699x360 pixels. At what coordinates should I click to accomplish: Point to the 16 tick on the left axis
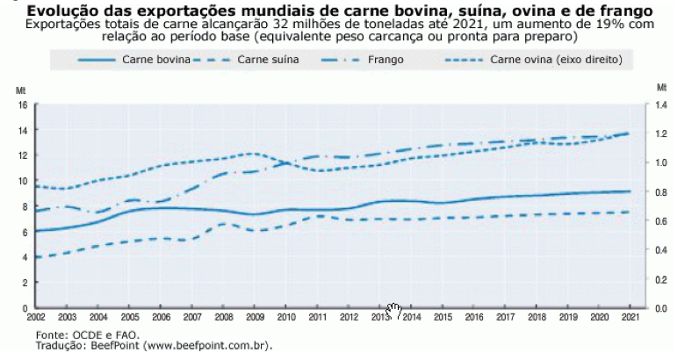pyautogui.click(x=24, y=104)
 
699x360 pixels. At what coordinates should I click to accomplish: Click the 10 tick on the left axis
pyautogui.click(x=24, y=181)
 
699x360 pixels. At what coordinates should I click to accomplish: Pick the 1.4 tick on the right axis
pyautogui.click(x=662, y=104)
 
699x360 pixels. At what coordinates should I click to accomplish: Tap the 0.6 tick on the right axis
pyautogui.click(x=662, y=221)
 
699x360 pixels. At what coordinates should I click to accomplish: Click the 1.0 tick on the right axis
pyautogui.click(x=662, y=163)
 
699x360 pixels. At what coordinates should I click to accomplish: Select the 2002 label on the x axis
pyautogui.click(x=36, y=316)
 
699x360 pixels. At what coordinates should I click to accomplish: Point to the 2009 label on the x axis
pyautogui.click(x=256, y=316)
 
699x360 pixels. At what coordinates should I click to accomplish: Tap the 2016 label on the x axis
pyautogui.click(x=474, y=316)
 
